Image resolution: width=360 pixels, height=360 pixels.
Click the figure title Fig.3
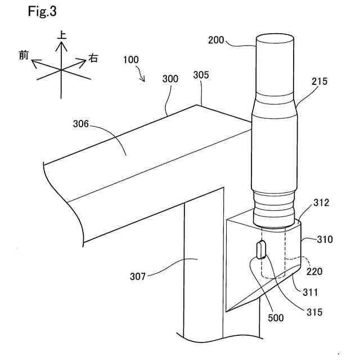point(42,11)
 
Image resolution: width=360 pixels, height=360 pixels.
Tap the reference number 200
point(215,40)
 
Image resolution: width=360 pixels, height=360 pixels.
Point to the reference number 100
point(130,59)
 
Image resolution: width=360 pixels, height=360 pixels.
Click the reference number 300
point(170,79)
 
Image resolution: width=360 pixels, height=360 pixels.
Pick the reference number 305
point(201,75)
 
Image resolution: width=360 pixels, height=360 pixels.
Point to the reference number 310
point(325,240)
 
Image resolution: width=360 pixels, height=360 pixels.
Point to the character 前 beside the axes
point(24,56)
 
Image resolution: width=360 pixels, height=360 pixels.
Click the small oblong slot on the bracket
point(261,249)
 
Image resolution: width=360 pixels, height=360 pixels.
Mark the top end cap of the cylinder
point(274,39)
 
